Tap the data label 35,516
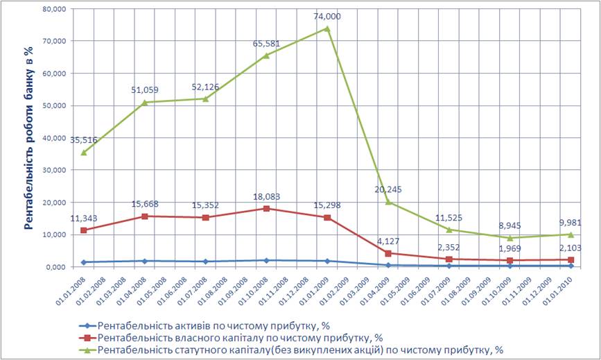[x=83, y=139]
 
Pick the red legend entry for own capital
[x=226, y=337]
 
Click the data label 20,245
[x=388, y=189]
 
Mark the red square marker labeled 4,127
[x=388, y=253]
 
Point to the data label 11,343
[x=83, y=218]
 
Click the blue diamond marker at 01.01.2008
[x=83, y=262]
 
